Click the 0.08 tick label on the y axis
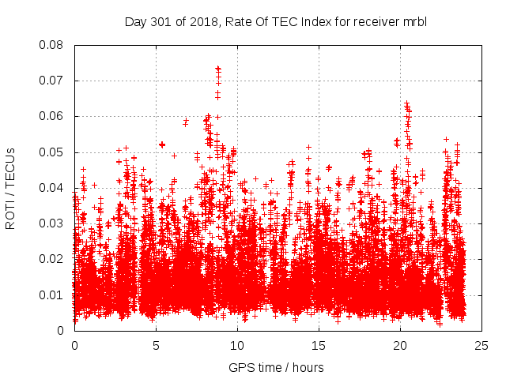click(x=52, y=45)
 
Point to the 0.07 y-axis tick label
click(x=52, y=81)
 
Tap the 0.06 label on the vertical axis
click(x=52, y=116)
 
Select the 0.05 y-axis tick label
click(x=52, y=152)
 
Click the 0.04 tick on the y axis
click(x=52, y=188)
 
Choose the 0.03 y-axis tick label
click(x=52, y=223)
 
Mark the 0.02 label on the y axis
click(x=52, y=259)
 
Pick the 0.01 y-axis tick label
click(x=52, y=295)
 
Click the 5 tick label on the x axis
click(x=156, y=345)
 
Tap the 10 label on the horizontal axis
click(x=237, y=345)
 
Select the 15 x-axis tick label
click(x=319, y=345)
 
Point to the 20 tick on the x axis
click(x=400, y=345)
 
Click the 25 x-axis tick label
click(x=481, y=345)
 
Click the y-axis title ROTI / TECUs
click(x=11, y=187)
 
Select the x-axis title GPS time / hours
click(x=276, y=367)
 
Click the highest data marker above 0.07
click(x=218, y=69)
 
